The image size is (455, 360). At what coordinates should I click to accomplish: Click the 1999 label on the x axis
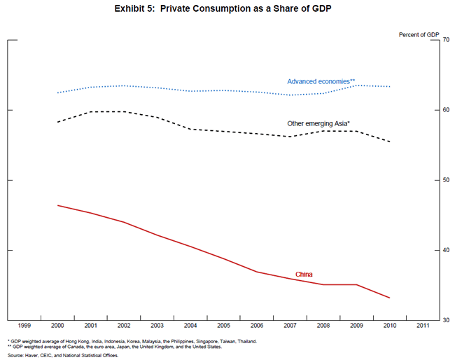[24, 326]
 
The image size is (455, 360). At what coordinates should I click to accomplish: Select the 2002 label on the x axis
[124, 326]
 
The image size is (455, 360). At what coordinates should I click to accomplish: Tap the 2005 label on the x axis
[223, 326]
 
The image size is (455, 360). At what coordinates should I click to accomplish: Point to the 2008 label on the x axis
[323, 326]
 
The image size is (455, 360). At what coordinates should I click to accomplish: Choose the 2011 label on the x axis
[423, 326]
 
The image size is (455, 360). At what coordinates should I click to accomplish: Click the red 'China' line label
[304, 275]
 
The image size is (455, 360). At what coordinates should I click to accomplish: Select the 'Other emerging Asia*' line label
[318, 124]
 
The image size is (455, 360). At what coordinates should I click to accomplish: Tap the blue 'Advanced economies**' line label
[321, 82]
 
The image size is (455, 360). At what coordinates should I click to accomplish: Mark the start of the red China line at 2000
[57, 205]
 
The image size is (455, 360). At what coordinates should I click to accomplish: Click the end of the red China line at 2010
[390, 298]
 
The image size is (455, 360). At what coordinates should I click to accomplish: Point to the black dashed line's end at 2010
[390, 142]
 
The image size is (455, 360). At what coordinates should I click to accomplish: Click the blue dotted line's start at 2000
[57, 92]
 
